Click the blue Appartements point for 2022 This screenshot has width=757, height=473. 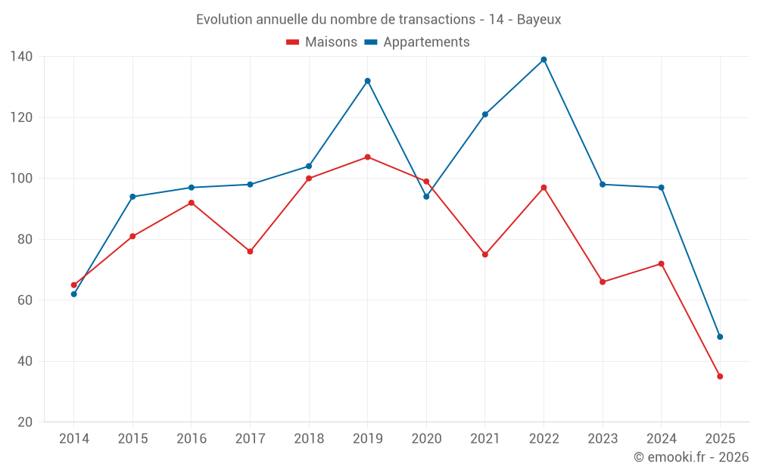tap(544, 60)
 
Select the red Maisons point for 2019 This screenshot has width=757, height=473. tap(367, 157)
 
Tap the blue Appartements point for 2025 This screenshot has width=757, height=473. tap(720, 337)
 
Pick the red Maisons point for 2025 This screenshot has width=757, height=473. tap(720, 376)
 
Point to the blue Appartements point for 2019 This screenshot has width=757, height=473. tap(367, 81)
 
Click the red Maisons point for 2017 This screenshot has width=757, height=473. tap(250, 251)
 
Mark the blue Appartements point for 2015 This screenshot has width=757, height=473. tap(132, 197)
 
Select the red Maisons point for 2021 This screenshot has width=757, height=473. tap(485, 254)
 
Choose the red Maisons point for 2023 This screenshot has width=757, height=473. tap(603, 282)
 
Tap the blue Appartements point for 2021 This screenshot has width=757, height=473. tap(485, 114)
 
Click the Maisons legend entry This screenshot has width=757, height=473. tap(322, 42)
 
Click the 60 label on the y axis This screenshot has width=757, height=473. tap(25, 300)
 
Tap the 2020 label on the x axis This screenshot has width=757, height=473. tap(426, 439)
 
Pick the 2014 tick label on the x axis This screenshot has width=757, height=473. tap(73, 439)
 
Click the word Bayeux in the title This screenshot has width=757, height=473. tap(539, 20)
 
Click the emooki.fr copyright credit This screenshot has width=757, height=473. tap(691, 457)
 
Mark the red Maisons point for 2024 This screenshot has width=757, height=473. tap(661, 263)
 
